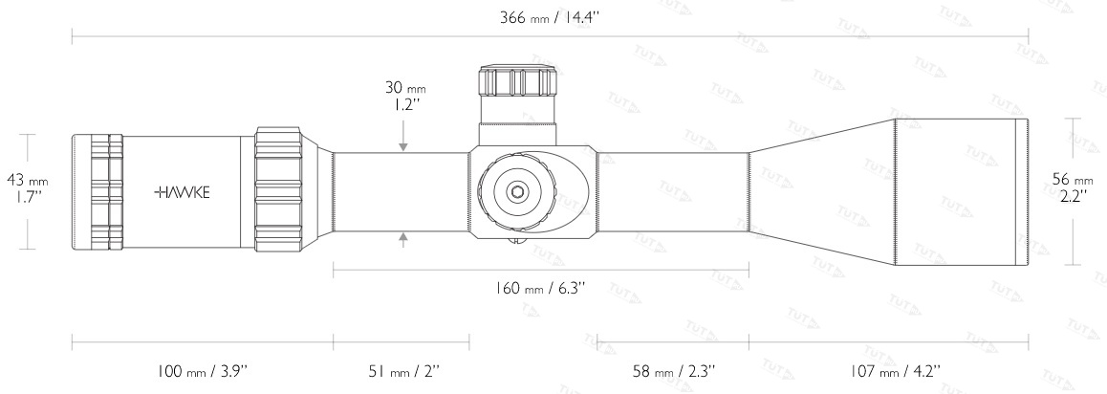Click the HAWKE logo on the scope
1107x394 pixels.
pyautogui.click(x=182, y=192)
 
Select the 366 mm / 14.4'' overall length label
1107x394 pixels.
pyautogui.click(x=550, y=18)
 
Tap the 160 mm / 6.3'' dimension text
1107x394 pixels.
pyautogui.click(x=541, y=288)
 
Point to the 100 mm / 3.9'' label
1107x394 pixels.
pyautogui.click(x=202, y=371)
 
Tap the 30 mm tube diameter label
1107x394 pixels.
pyautogui.click(x=405, y=96)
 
